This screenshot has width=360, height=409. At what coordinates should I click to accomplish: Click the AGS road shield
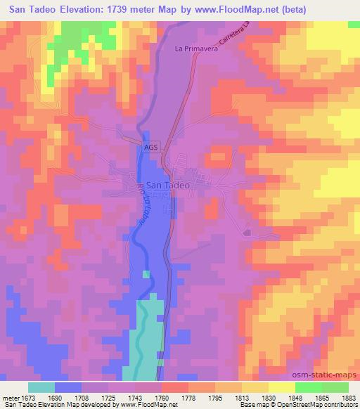(151, 147)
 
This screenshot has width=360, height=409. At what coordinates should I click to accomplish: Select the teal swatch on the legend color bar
(41, 387)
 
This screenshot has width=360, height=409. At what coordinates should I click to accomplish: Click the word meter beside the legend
(9, 397)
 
